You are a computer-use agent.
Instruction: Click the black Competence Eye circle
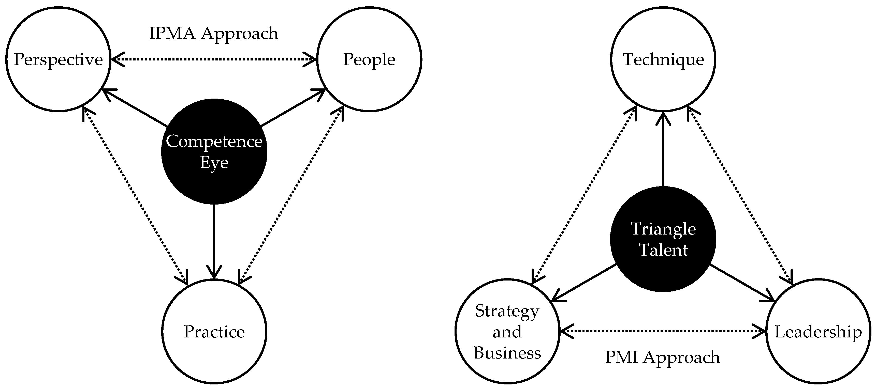click(214, 183)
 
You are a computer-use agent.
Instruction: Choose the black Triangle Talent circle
click(663, 272)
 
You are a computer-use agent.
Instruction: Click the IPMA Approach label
click(214, 33)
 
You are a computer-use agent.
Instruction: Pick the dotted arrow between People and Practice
click(291, 196)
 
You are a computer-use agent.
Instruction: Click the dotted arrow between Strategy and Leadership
click(662, 331)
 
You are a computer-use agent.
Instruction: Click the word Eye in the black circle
click(214, 162)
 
